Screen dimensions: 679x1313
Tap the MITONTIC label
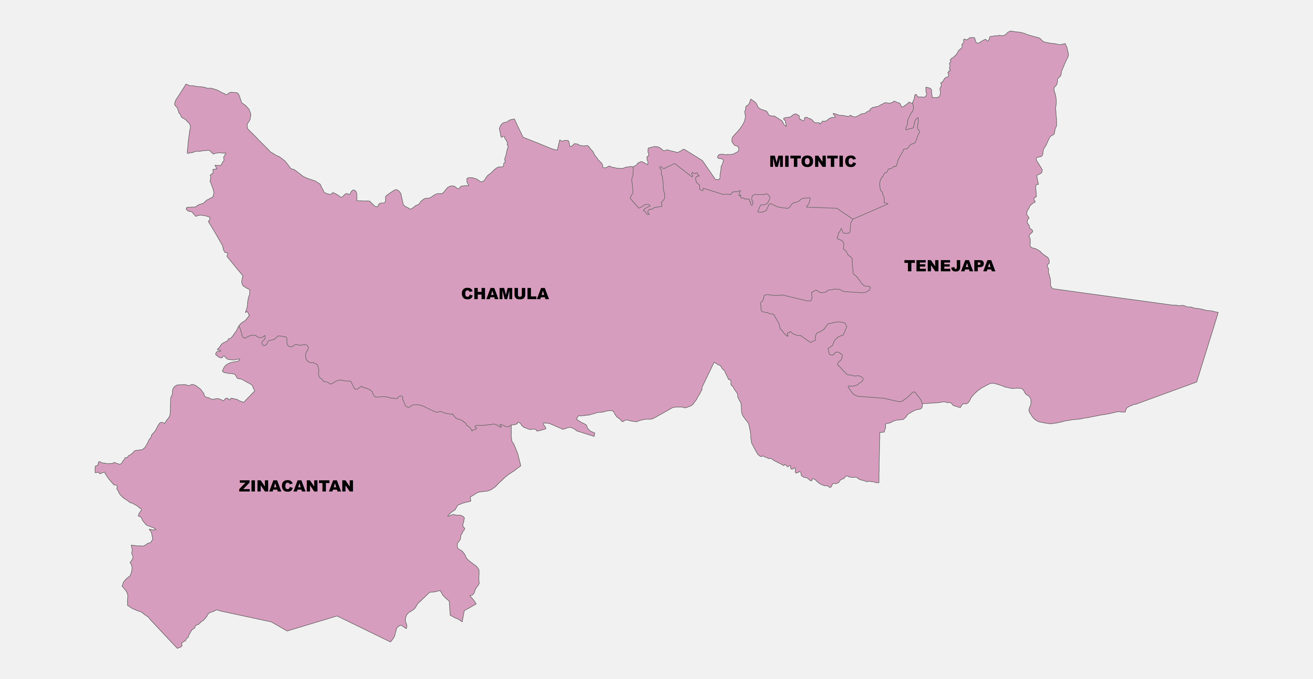pos(812,162)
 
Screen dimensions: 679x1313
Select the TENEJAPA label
pos(950,266)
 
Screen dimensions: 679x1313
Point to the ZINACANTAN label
pos(296,486)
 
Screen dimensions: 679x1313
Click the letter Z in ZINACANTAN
pos(245,486)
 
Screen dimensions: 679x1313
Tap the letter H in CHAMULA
pos(480,294)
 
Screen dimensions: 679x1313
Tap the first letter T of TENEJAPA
pos(910,266)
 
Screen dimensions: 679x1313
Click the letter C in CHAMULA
pos(467,294)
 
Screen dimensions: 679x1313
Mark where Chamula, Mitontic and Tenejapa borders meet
pos(853,219)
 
